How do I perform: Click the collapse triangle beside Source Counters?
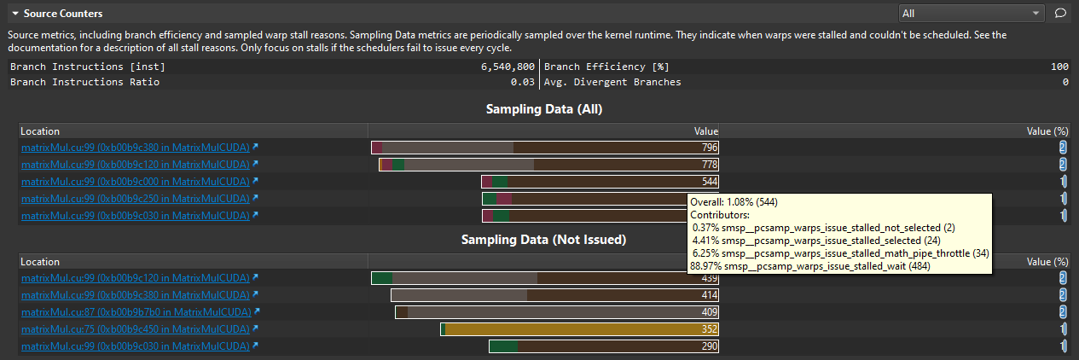tap(15, 15)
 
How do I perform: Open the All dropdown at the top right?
tap(972, 13)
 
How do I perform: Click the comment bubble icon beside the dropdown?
tap(1060, 13)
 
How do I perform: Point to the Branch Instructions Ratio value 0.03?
tap(525, 82)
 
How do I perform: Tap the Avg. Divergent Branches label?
tap(612, 82)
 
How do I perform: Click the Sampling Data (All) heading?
tap(544, 109)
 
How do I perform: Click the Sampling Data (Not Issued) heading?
tap(544, 241)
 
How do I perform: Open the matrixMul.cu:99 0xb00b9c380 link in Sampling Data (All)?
tap(136, 148)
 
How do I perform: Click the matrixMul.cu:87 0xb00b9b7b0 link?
tap(136, 312)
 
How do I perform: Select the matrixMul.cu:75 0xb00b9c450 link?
tap(136, 329)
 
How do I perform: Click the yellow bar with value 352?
tap(580, 329)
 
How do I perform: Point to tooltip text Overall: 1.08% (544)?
tap(734, 202)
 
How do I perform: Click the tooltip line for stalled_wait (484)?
tap(809, 266)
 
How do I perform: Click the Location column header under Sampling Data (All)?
tap(40, 131)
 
